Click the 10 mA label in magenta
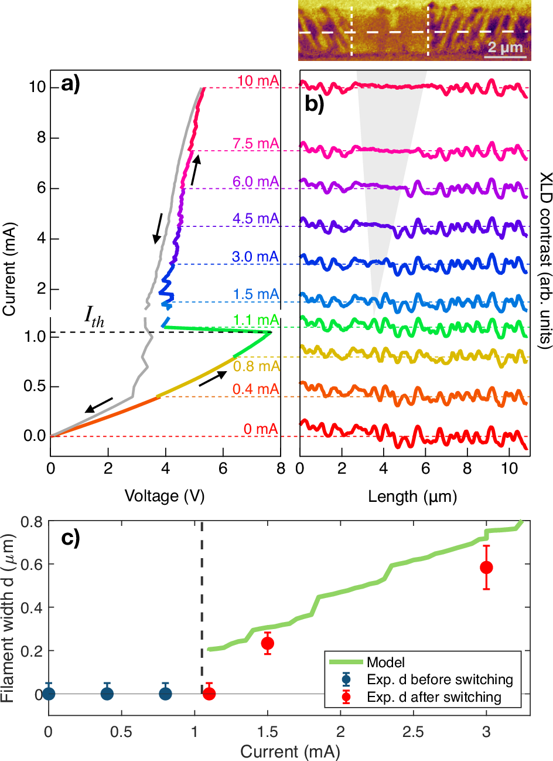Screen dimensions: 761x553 point(258,81)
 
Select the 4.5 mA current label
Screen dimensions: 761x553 point(255,219)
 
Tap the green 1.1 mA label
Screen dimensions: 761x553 point(255,320)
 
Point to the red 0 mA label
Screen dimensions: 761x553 point(261,429)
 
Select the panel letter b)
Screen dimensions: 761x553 point(314,104)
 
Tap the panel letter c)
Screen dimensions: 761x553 point(71,538)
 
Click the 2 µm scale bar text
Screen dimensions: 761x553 point(505,47)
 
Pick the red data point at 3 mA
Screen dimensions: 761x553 point(486,568)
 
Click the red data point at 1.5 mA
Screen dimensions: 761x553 point(268,643)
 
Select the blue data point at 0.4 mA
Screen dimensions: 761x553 point(107,694)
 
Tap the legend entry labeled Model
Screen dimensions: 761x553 point(385,663)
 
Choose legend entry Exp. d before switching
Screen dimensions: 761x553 point(439,680)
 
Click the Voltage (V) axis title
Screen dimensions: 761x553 point(165,496)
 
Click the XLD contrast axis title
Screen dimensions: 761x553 point(545,261)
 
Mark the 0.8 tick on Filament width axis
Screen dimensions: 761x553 point(33,521)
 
